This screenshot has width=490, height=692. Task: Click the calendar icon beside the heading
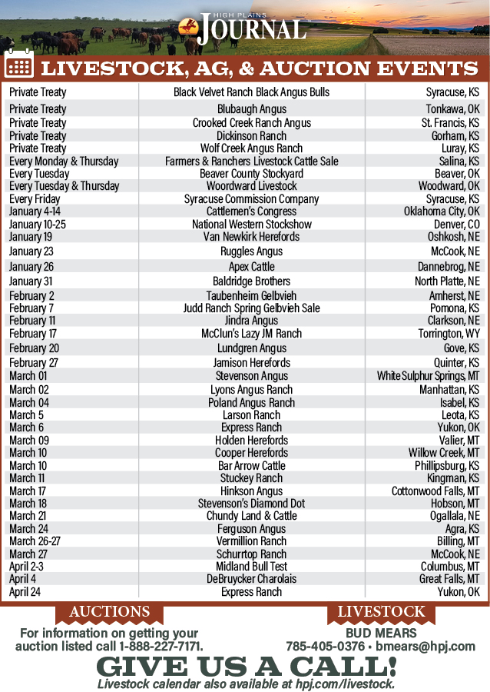tap(19, 65)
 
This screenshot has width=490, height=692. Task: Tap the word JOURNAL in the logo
tap(251, 31)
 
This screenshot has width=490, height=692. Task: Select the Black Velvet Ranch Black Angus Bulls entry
tap(251, 92)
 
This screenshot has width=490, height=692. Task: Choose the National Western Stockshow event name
tap(251, 225)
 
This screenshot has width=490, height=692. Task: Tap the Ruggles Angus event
tap(251, 251)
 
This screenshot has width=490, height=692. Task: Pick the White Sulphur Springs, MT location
tap(428, 376)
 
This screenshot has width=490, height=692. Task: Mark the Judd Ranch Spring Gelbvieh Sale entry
tap(251, 308)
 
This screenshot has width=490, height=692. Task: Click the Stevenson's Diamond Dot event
tap(251, 504)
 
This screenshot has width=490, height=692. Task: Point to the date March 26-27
tap(35, 541)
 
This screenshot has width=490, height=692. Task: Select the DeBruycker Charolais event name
tap(251, 579)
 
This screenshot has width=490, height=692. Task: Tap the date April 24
tap(26, 592)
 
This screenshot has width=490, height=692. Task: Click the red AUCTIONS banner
tap(109, 612)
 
